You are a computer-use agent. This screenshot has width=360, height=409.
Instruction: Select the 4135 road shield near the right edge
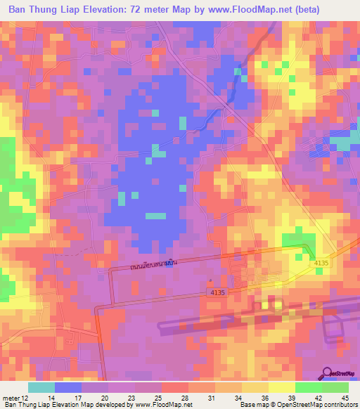coord(321,263)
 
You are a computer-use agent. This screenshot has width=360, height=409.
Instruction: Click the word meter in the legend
coord(11,399)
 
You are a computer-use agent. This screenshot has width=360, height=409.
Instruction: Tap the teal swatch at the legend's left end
coord(41,388)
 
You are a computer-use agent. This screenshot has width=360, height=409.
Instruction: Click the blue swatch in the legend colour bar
coord(68,388)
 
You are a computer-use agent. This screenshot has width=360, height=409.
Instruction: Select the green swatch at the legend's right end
coord(335,388)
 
